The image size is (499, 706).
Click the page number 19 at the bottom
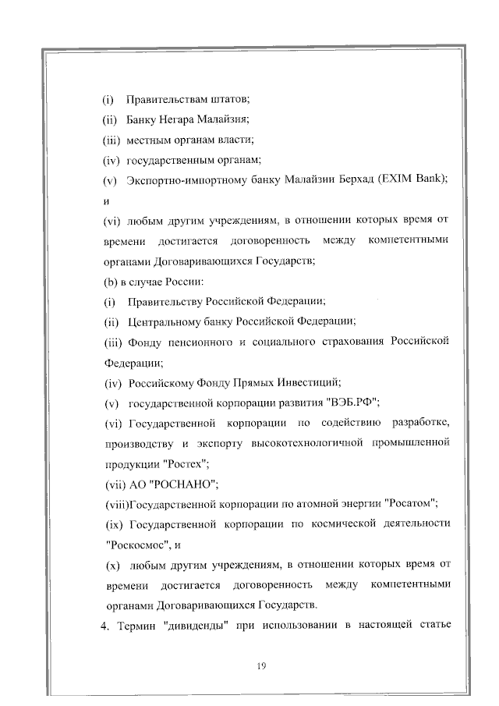261,665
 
